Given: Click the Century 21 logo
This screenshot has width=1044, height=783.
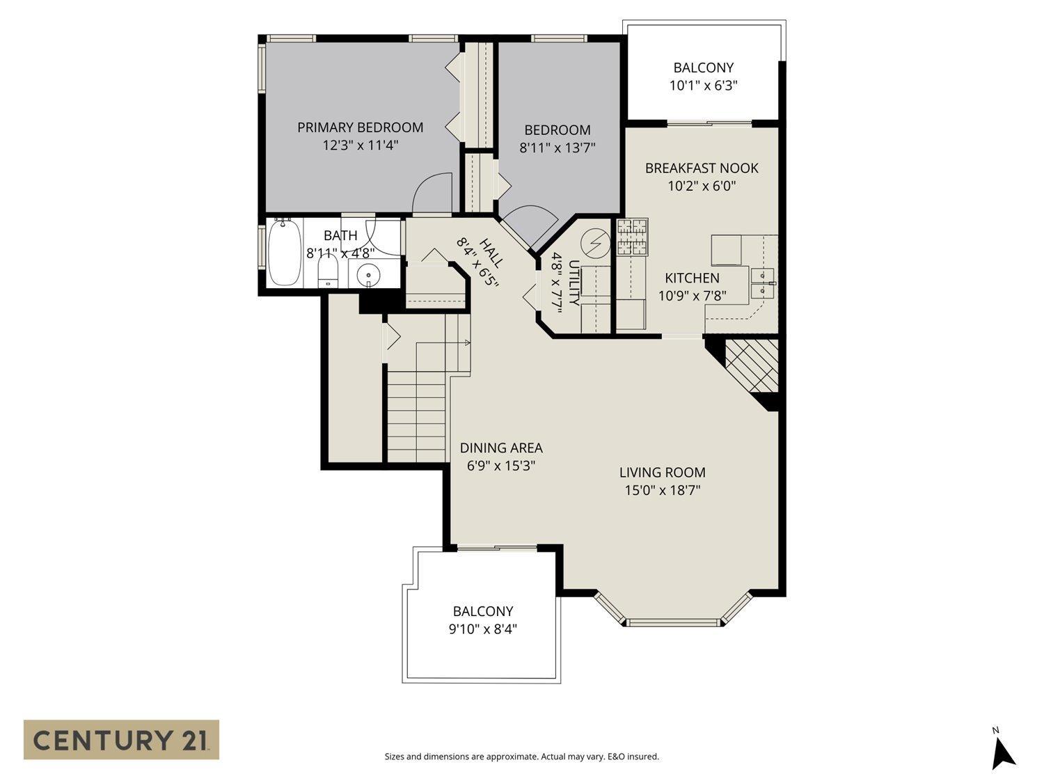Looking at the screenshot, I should click(121, 739).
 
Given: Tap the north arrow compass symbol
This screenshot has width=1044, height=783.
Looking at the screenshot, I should click(1002, 752).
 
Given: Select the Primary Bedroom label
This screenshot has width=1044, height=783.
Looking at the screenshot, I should click(360, 127).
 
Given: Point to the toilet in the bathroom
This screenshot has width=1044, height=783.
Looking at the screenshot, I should click(328, 272).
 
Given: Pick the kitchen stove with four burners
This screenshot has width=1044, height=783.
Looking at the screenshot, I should click(632, 237).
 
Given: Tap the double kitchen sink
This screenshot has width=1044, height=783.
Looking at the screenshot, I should click(763, 281).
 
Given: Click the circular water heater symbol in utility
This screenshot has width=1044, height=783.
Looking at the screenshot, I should click(595, 243).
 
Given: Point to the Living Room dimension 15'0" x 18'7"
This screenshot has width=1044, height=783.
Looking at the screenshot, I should click(662, 490).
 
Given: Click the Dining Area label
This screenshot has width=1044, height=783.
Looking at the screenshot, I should click(501, 448).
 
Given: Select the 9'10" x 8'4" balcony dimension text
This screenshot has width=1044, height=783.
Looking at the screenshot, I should click(483, 629).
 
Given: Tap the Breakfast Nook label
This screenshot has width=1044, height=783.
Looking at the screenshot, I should click(702, 168).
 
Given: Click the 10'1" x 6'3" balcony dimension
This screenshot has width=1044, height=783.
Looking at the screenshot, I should click(703, 86).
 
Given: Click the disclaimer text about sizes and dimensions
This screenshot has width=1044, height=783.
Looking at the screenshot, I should click(521, 757).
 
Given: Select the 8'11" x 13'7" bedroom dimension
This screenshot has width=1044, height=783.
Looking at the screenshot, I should click(557, 148).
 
